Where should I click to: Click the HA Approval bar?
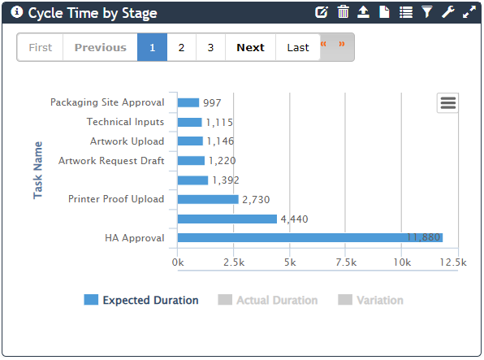click(x=309, y=237)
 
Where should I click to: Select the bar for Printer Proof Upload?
click(x=208, y=199)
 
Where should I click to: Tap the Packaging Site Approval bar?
click(x=188, y=102)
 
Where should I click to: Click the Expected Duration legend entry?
click(x=141, y=300)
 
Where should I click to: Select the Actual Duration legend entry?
click(x=268, y=300)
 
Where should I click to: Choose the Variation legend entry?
click(x=370, y=300)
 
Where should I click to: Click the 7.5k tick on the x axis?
click(x=346, y=262)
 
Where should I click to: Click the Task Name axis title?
click(x=38, y=170)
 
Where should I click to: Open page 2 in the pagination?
click(x=181, y=47)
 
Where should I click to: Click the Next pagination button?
click(x=250, y=47)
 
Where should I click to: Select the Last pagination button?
click(x=297, y=47)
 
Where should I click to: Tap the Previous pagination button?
click(x=100, y=47)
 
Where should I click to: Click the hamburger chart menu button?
click(x=447, y=102)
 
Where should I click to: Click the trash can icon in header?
click(x=344, y=12)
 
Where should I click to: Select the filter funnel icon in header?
click(x=427, y=12)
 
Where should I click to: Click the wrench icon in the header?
click(x=448, y=12)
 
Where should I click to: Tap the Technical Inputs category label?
click(x=125, y=122)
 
